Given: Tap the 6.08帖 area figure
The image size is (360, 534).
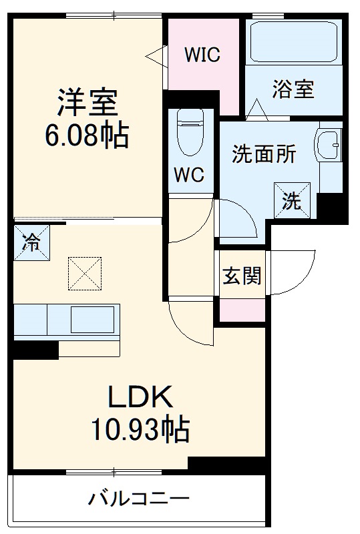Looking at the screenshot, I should pyautogui.click(x=87, y=137).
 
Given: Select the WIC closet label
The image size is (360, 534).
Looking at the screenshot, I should pyautogui.click(x=202, y=55).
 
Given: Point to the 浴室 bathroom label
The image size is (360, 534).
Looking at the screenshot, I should pyautogui.click(x=293, y=89).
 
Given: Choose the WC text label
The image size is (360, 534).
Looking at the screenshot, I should pyautogui.click(x=189, y=175).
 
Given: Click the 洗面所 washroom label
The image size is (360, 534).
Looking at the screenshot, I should pyautogui.click(x=264, y=154).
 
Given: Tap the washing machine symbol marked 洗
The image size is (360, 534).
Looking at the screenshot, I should pyautogui.click(x=292, y=198).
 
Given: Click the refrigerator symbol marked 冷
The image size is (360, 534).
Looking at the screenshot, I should pyautogui.click(x=31, y=243).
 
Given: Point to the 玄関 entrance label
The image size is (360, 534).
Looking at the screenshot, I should pyautogui.click(x=241, y=275).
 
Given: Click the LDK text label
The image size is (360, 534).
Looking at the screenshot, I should pyautogui.click(x=141, y=398).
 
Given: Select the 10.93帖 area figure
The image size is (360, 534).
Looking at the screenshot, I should pyautogui.click(x=141, y=431).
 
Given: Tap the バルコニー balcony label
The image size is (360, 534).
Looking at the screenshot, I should pyautogui.click(x=140, y=499).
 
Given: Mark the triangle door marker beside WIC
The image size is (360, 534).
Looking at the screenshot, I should pyautogui.click(x=156, y=55).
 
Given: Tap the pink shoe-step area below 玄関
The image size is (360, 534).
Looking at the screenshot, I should pyautogui.click(x=242, y=309).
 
